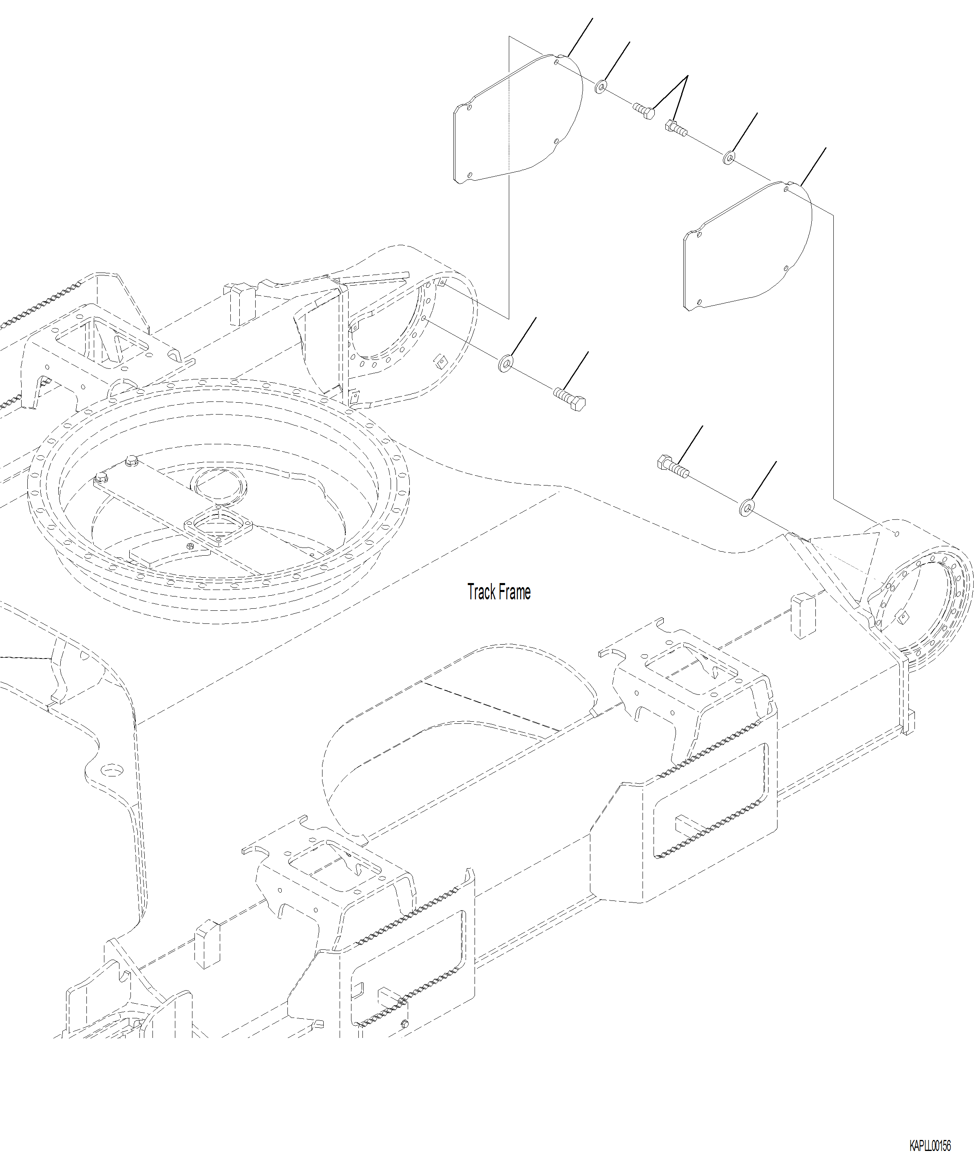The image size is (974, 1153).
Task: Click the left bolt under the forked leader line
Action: coord(644,111)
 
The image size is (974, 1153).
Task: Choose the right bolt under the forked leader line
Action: coord(676,128)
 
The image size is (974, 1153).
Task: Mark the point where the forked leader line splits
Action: coord(687,76)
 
